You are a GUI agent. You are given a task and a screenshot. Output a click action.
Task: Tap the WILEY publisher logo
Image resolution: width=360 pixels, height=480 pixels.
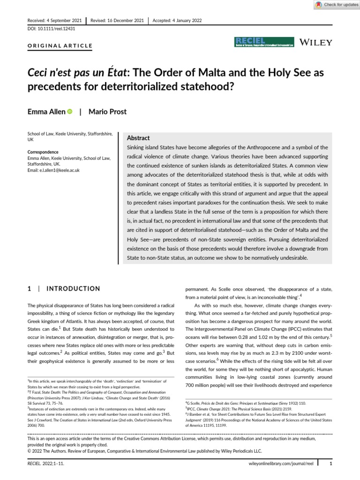tap(317, 42)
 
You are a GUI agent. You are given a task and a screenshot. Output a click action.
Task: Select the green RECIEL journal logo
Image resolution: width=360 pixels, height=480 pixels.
tap(264, 42)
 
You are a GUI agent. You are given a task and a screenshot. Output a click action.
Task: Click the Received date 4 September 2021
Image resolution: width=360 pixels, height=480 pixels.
tap(52, 21)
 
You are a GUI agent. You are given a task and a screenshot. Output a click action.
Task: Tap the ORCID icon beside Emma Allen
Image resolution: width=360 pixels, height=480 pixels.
tap(70, 111)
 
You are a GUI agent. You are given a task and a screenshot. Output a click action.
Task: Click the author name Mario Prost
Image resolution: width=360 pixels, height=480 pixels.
tap(112, 112)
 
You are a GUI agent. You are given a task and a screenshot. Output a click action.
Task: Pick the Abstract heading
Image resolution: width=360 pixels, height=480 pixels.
tap(138, 138)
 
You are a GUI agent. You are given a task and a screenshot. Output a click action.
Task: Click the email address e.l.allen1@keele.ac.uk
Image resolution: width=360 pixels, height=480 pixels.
tap(54, 170)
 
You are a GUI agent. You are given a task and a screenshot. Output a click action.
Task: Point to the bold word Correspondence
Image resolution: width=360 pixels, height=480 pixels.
tap(43, 152)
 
